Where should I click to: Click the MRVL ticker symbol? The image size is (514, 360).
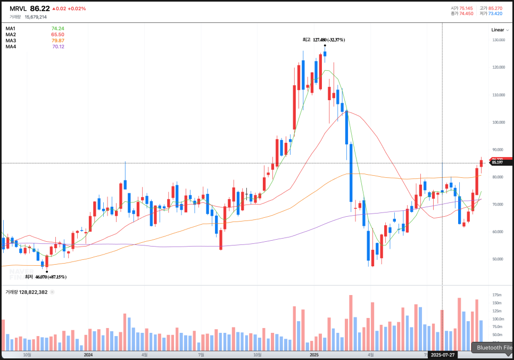[x=18, y=9]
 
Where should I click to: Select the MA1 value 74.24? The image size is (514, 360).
[x=57, y=29]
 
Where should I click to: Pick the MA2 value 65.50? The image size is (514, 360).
[x=57, y=35]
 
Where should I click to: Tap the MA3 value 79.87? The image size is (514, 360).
[x=57, y=40]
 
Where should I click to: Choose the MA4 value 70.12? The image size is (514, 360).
[x=58, y=47]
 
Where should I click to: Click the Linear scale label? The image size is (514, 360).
[x=497, y=30]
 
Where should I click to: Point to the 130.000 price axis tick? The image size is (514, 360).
[x=498, y=40]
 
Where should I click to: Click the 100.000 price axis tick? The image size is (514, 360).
[x=498, y=122]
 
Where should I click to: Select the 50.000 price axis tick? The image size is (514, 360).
[x=498, y=259]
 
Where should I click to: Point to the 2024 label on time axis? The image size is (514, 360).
[x=88, y=355]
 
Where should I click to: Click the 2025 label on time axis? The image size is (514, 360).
[x=313, y=355]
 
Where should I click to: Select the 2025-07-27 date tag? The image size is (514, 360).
[x=443, y=355]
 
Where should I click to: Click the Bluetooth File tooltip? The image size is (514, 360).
[x=494, y=348]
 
